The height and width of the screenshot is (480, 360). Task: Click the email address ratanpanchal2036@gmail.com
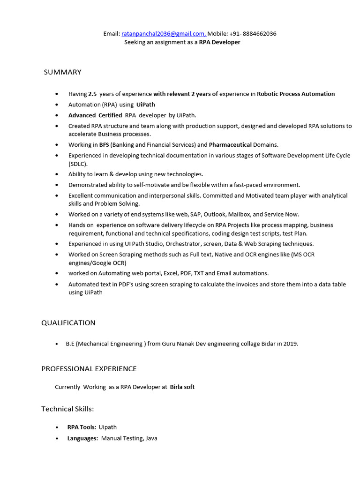(x=163, y=34)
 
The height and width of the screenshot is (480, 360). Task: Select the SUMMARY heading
(x=62, y=72)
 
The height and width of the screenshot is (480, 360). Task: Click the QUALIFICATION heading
(x=68, y=323)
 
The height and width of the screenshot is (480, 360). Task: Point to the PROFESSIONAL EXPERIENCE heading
(x=89, y=369)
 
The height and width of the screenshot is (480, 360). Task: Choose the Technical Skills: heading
(x=67, y=409)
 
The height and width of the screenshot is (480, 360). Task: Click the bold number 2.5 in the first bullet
(x=92, y=94)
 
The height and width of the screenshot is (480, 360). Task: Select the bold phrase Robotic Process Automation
(x=296, y=94)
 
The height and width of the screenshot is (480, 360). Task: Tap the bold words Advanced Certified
(x=95, y=115)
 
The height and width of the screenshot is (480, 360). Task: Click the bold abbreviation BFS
(x=104, y=145)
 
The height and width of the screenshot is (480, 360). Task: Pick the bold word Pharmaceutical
(x=230, y=145)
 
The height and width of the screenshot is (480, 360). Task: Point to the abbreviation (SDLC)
(x=78, y=164)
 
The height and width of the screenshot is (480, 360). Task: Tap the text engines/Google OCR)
(x=97, y=263)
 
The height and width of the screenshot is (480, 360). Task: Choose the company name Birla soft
(x=182, y=387)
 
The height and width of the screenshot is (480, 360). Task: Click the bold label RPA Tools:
(x=82, y=427)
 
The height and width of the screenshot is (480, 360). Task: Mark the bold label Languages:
(x=82, y=438)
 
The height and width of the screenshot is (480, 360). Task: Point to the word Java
(x=151, y=438)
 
